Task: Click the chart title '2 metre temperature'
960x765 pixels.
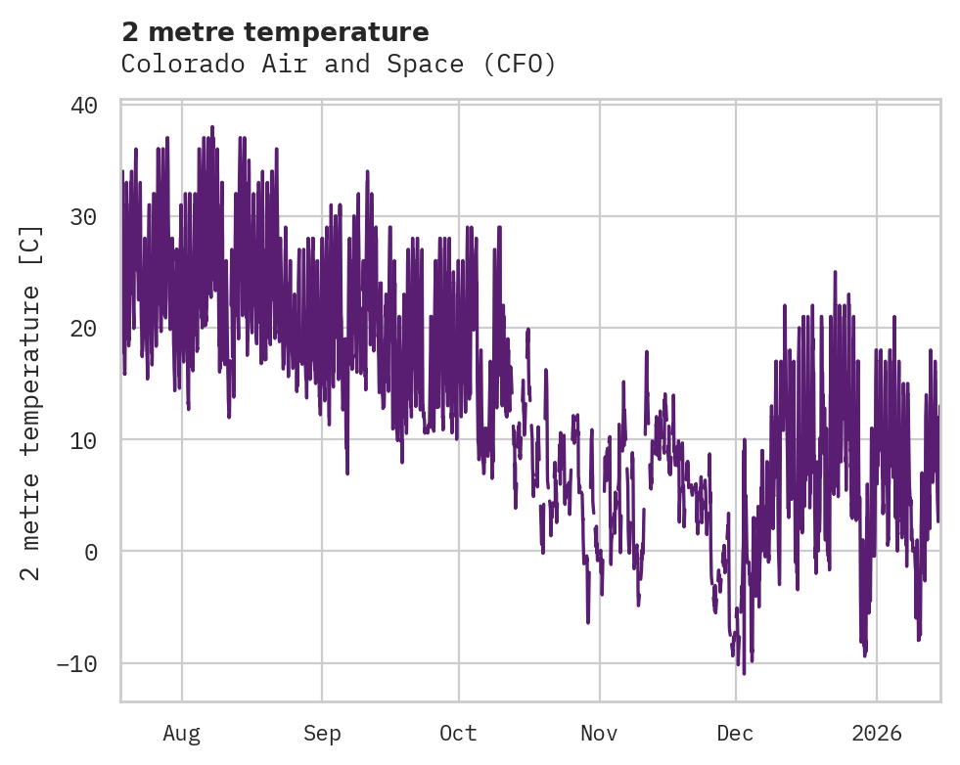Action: (275, 32)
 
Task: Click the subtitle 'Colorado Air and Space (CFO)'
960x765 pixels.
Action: (339, 65)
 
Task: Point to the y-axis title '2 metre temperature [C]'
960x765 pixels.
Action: (31, 403)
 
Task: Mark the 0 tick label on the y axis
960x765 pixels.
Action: (91, 552)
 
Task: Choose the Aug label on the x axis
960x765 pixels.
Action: (181, 733)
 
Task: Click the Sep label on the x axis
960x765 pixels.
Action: (321, 733)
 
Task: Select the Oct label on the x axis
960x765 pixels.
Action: (458, 733)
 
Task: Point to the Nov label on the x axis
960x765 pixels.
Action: (599, 733)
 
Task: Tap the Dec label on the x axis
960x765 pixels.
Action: (735, 733)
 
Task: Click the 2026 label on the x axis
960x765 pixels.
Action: (877, 733)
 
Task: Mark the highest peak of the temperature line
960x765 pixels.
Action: (211, 126)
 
